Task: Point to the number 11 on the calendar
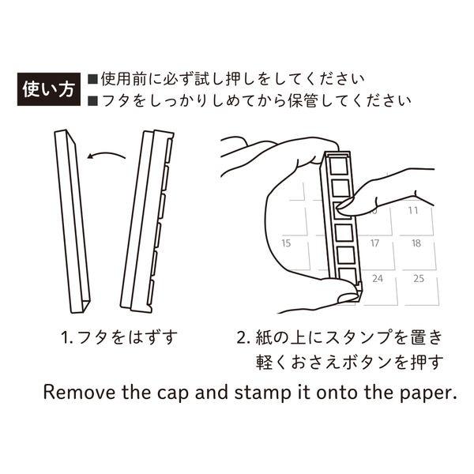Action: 412,210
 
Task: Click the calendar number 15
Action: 287,243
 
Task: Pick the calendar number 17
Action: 377,243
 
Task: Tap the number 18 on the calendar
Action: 416,243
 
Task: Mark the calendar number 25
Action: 419,278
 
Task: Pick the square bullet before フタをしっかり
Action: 92,101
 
